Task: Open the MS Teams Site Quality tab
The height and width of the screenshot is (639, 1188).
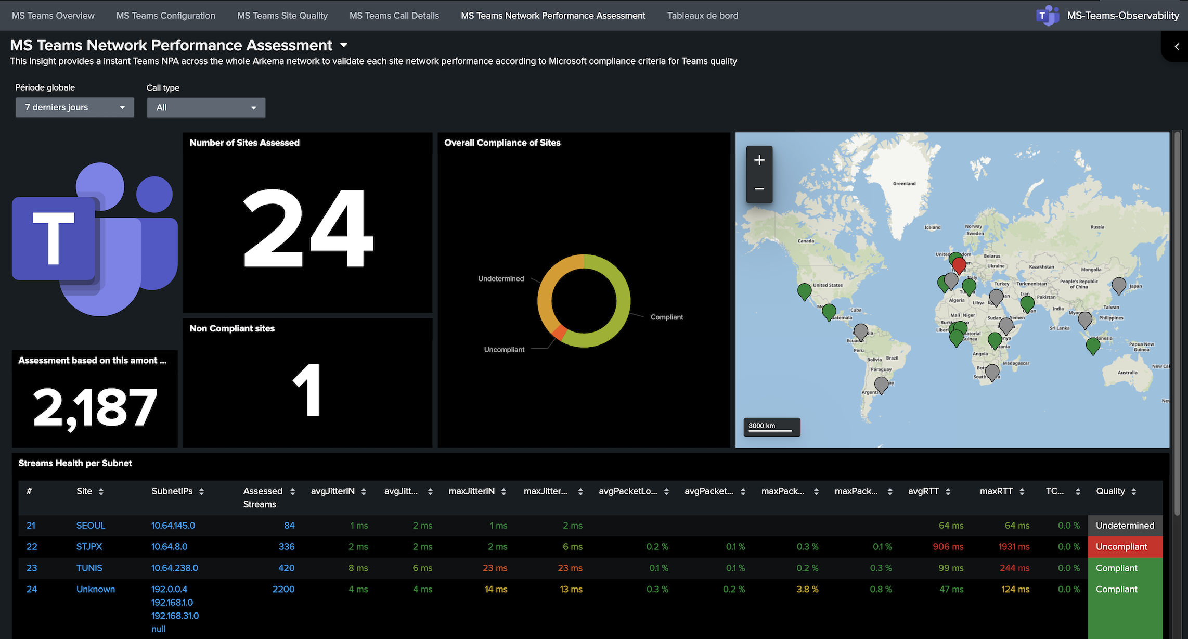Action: click(282, 16)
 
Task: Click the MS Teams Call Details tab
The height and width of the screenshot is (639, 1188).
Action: click(394, 16)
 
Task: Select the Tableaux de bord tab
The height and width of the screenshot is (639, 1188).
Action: click(703, 16)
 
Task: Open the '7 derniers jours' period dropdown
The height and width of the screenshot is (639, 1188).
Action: click(75, 107)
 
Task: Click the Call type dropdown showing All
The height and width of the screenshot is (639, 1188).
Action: click(206, 108)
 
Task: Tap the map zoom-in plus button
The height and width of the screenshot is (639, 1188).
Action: click(759, 160)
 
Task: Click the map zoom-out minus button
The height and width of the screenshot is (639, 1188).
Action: click(759, 188)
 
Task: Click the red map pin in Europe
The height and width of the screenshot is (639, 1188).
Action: click(960, 265)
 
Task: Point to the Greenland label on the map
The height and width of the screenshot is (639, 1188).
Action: click(905, 184)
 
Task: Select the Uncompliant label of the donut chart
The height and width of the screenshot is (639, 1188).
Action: click(504, 350)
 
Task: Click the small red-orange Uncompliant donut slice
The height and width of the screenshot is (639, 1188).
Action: click(559, 332)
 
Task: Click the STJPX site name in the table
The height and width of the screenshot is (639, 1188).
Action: click(89, 547)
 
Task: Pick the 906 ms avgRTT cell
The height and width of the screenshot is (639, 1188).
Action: click(948, 547)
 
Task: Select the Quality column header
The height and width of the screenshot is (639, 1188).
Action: click(1110, 491)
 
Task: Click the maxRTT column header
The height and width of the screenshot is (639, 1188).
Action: click(996, 491)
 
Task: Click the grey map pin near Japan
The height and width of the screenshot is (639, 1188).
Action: click(1119, 285)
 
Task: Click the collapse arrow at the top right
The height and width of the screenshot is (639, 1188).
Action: click(1177, 47)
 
